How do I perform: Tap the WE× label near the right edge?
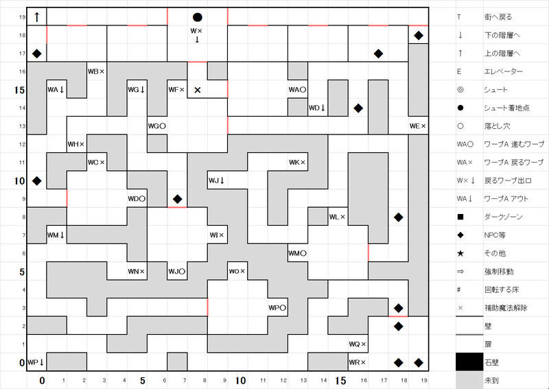417,126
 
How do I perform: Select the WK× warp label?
297,163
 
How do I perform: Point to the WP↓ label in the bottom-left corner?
36,362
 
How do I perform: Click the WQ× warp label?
358,344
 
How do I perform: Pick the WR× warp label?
358,362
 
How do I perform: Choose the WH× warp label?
76,144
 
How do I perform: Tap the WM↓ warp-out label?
56,235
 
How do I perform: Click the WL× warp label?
337,217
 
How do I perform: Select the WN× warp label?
137,272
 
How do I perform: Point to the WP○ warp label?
277,308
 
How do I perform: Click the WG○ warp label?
157,126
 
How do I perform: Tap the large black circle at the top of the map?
198,17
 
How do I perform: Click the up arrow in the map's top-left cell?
36,16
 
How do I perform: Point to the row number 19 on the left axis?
22,17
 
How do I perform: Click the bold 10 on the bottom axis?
241,379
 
